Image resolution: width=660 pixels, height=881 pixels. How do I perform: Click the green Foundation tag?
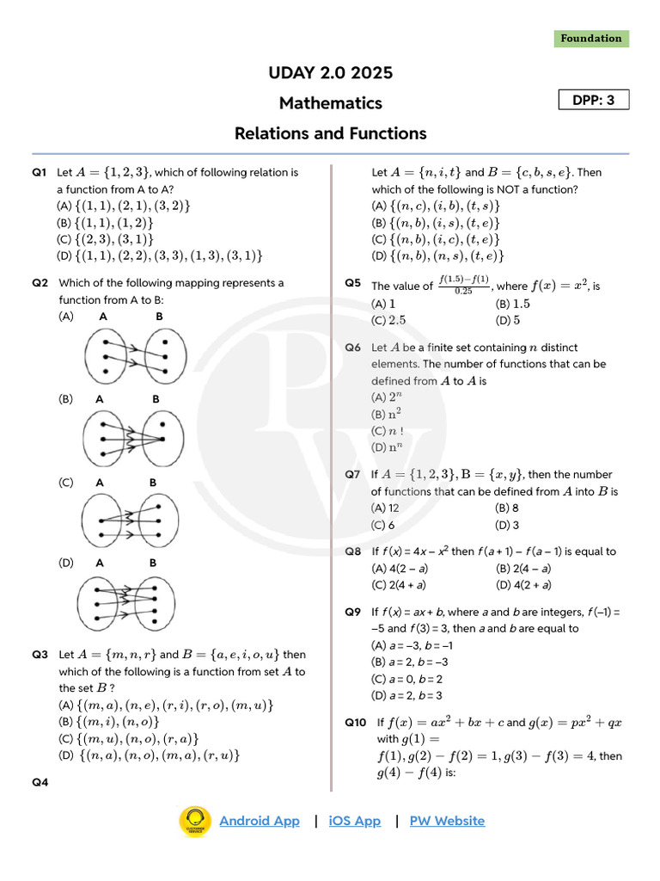(590, 39)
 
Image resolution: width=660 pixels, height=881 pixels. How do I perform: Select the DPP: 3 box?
(594, 101)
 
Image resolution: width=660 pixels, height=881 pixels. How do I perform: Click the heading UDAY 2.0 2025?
(330, 73)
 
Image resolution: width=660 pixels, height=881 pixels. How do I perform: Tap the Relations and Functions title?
(330, 133)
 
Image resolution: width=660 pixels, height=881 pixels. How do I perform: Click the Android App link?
(260, 821)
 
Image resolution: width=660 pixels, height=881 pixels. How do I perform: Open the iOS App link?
(354, 821)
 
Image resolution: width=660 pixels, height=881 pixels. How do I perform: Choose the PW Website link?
(447, 821)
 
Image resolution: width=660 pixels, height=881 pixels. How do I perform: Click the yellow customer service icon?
(195, 821)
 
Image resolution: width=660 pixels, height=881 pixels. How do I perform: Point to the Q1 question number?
(40, 172)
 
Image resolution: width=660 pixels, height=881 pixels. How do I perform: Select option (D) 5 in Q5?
(508, 321)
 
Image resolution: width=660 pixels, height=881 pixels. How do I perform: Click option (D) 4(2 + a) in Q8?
(523, 585)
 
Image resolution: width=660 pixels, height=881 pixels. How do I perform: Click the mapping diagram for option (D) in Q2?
(129, 601)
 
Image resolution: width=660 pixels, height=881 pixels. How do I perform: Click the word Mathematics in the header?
(330, 103)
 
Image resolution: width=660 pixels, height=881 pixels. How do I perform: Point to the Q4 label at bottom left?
(40, 782)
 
